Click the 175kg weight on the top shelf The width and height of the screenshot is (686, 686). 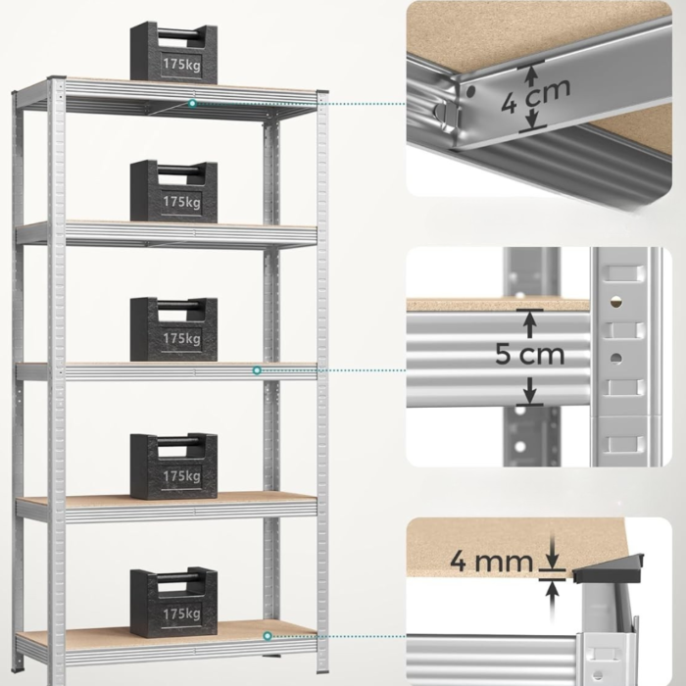point(173,53)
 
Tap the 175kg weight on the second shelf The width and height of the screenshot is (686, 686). point(173,191)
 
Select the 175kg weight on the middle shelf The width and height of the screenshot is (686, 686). point(173,329)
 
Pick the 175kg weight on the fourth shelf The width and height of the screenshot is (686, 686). point(173,465)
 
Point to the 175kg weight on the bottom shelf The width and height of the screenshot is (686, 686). point(173,603)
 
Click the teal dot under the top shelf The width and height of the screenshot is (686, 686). point(192,104)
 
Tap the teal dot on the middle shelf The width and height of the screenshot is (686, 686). point(257,370)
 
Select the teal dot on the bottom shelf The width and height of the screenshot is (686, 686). point(268,636)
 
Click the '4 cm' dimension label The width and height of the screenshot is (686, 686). point(535,97)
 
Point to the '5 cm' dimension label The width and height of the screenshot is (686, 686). point(530,354)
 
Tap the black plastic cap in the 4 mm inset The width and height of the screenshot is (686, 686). point(609,568)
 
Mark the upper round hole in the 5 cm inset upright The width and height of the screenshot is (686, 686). point(616,302)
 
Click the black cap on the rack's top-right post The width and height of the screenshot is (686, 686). point(322,91)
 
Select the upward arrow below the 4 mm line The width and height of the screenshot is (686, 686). point(553,597)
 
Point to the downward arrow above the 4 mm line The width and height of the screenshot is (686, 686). point(553,551)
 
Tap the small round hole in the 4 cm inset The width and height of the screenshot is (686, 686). point(470,91)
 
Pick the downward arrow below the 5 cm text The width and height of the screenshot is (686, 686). point(530,391)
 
